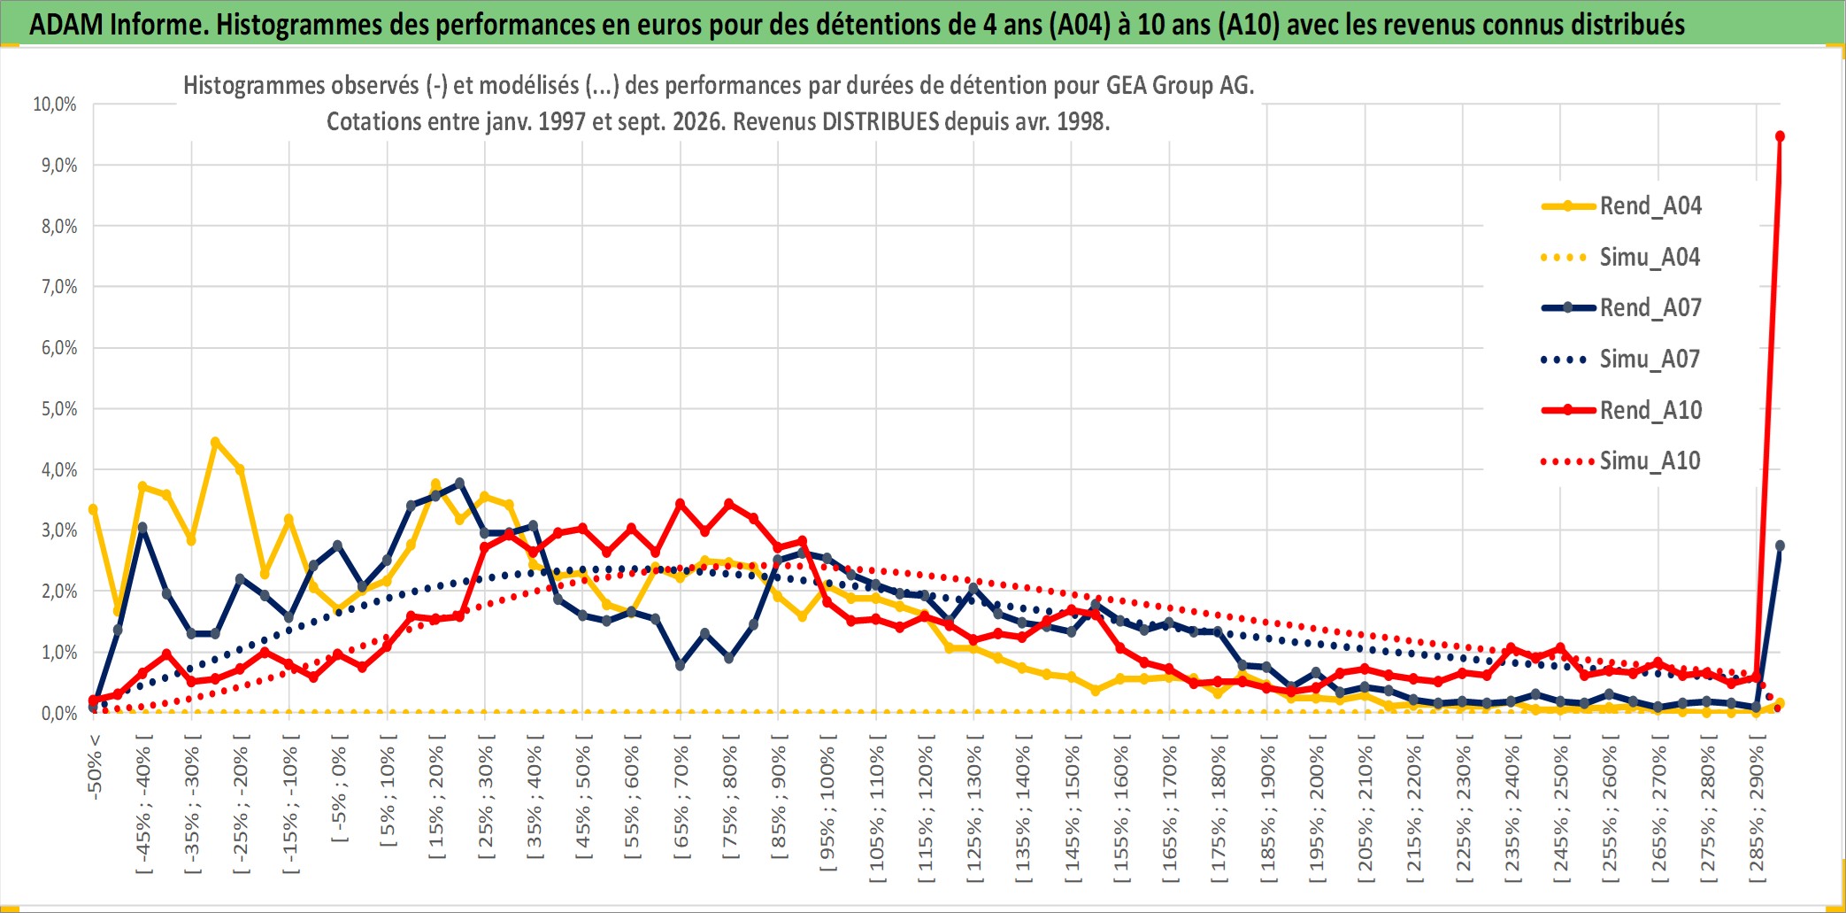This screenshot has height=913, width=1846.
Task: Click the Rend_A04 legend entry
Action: click(x=1621, y=206)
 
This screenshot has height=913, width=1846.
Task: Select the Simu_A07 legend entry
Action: click(x=1621, y=360)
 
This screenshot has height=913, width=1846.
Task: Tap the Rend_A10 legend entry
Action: click(x=1621, y=411)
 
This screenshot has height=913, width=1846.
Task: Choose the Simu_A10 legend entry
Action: click(x=1621, y=461)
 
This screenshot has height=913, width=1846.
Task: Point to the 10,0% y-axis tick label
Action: click(x=55, y=104)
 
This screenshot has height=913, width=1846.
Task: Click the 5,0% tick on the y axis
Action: click(x=59, y=409)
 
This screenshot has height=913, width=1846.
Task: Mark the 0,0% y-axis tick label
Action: click(x=59, y=714)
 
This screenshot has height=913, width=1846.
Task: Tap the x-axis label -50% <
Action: click(x=95, y=767)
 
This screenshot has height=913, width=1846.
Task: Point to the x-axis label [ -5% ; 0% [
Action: click(x=339, y=788)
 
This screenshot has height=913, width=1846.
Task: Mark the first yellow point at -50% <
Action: click(x=93, y=509)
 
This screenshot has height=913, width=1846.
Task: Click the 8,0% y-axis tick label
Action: click(x=59, y=227)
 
